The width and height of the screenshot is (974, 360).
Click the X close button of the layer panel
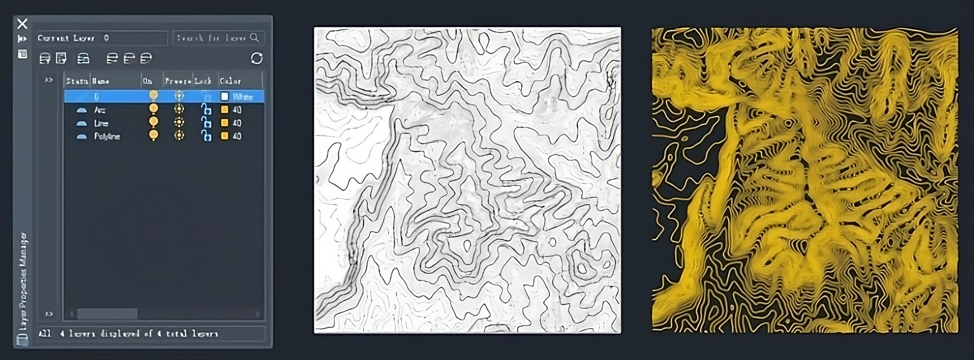tap(22, 24)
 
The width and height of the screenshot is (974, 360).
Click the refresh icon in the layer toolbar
tap(256, 58)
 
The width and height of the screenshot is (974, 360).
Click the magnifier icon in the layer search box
tap(254, 38)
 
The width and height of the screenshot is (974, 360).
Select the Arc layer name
tap(100, 110)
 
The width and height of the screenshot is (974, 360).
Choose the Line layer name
tap(101, 123)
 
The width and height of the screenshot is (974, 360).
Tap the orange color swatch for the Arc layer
tap(224, 110)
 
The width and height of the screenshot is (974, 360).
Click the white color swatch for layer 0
tap(224, 96)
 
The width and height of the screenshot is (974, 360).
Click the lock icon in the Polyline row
tap(205, 136)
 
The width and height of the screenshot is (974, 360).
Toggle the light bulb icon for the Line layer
tap(153, 122)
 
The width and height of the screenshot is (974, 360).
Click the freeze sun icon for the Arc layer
tap(179, 109)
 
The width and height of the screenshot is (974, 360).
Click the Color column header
tap(230, 81)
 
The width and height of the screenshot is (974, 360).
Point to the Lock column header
tap(203, 81)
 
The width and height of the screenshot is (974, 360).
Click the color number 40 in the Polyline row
tap(237, 136)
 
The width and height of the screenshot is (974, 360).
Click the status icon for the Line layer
tap(81, 123)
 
